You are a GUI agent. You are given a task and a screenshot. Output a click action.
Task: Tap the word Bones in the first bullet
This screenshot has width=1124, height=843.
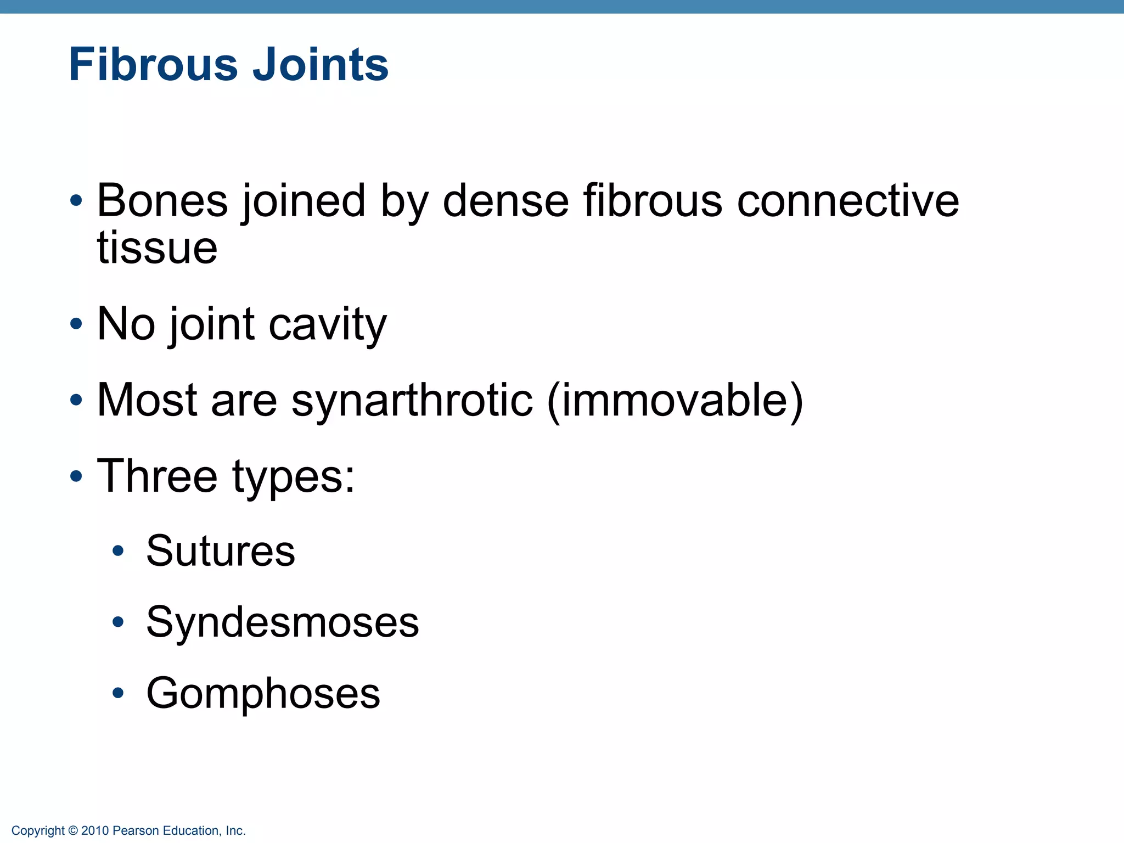coord(162,201)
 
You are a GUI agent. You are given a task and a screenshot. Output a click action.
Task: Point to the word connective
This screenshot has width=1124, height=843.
coord(847,201)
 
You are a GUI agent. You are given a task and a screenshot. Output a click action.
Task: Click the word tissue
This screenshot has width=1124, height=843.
coord(157,248)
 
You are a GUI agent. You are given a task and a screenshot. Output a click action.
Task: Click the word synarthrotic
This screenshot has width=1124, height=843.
coord(412,400)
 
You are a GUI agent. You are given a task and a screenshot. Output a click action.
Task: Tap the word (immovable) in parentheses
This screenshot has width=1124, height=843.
coord(675,401)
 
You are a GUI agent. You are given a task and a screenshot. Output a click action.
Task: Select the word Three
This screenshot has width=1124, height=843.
coord(157,476)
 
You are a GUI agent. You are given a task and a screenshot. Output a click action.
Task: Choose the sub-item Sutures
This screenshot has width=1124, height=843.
coord(221,550)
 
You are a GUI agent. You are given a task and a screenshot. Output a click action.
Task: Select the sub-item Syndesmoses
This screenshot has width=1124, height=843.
coord(283,622)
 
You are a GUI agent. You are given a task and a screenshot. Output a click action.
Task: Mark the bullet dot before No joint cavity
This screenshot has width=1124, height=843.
coord(76,324)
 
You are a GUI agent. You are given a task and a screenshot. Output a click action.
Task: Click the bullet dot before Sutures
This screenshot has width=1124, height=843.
coord(117,550)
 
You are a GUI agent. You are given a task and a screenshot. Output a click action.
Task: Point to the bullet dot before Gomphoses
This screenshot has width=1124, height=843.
coord(117,693)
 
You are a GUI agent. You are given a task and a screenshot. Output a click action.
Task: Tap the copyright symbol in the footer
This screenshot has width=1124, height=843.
coord(73,831)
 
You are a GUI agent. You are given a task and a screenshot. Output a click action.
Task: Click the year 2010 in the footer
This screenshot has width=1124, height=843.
coord(95,831)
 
